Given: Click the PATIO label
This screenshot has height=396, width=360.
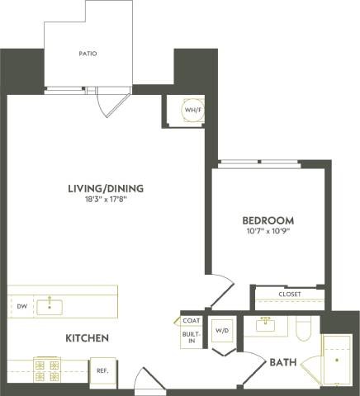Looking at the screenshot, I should [x=88, y=54].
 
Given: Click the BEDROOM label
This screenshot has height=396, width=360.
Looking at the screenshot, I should [x=268, y=220].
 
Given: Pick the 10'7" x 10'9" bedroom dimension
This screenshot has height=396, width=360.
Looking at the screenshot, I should [x=268, y=232].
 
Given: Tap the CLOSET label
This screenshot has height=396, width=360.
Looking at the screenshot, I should [x=289, y=295].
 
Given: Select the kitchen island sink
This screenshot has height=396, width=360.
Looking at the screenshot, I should [x=54, y=306].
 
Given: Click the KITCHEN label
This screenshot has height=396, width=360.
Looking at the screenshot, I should [x=88, y=338].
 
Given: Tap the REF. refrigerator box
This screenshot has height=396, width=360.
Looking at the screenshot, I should [x=103, y=370].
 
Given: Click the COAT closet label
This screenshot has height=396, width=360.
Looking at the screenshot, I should [x=192, y=321].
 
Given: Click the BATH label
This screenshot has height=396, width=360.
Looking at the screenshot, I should [x=278, y=361].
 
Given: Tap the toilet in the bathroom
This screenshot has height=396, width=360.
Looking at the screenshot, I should [x=303, y=330].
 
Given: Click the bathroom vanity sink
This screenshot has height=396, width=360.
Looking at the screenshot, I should [x=266, y=324].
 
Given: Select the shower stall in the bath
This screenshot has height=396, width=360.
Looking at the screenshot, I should [x=337, y=360].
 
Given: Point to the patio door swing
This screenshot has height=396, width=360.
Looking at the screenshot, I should [x=111, y=103].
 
